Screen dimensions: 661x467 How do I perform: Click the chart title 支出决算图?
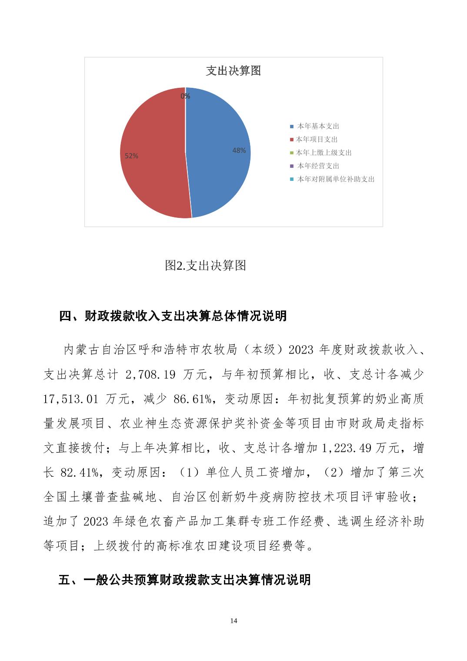(233, 71)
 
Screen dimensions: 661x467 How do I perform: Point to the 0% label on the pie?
(185, 96)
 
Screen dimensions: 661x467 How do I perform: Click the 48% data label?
(239, 150)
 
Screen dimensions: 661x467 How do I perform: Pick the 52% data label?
(131, 156)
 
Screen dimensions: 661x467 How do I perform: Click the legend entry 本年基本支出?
(318, 127)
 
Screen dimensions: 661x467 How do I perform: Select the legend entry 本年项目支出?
(317, 140)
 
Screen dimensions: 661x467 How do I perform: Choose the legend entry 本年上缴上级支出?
(324, 153)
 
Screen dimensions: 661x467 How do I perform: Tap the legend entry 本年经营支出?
(318, 166)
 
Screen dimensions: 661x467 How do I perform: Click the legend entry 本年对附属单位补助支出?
(335, 179)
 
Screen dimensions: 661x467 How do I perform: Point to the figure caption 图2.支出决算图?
(206, 265)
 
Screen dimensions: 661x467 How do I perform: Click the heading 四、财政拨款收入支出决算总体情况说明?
(173, 316)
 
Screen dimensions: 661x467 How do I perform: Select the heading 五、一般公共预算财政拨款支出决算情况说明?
(184, 580)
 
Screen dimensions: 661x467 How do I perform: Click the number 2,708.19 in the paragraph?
(150, 374)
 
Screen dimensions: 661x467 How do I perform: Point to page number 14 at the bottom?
(233, 621)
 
